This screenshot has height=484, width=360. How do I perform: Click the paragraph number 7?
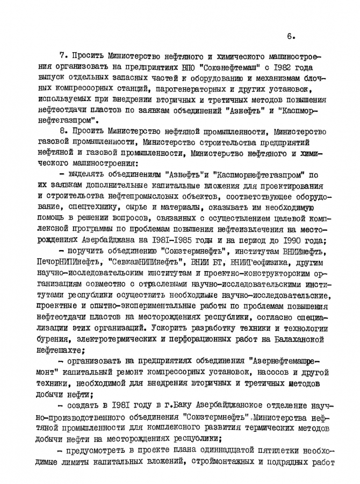point(61,55)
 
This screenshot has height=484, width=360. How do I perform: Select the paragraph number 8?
point(61,132)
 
